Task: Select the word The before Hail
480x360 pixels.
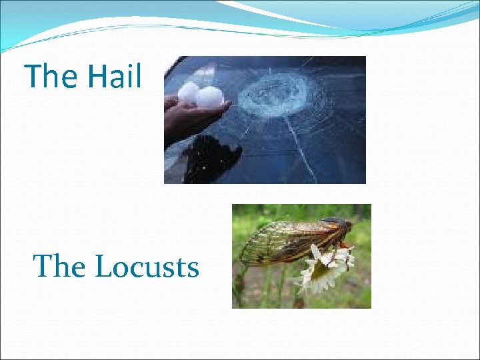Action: [x=51, y=76]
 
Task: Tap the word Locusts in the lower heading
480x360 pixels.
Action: [x=147, y=267]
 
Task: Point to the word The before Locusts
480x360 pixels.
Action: [x=60, y=267]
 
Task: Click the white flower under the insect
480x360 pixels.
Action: [x=323, y=273]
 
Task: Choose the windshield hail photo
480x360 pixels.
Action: [x=265, y=119]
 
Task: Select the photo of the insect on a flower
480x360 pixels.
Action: [x=301, y=256]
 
